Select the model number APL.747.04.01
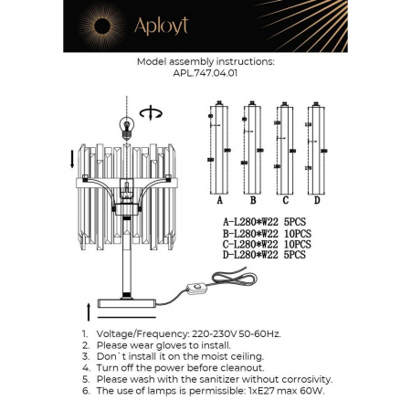click(205, 76)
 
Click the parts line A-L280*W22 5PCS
click(261, 222)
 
